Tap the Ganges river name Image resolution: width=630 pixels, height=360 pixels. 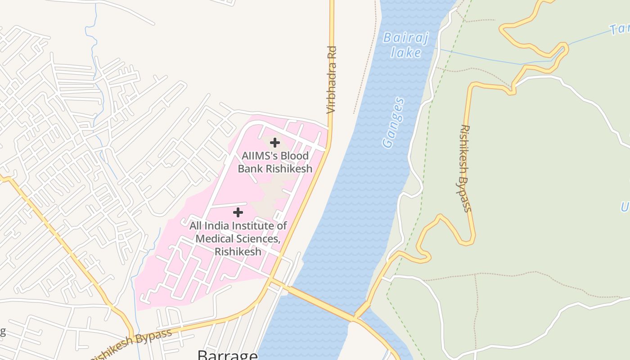point(393,123)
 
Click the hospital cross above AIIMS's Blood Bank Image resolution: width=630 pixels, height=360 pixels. point(274,143)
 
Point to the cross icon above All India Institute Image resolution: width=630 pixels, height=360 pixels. point(238,212)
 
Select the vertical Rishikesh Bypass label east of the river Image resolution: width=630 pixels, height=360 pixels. point(465,168)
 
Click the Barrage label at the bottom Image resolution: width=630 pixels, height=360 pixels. point(228,355)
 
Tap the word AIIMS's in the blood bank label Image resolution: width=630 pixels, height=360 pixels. point(258,156)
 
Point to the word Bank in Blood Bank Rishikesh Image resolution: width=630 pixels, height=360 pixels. point(251,169)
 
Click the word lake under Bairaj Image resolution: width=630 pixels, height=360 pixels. point(406,53)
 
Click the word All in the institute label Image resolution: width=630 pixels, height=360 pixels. point(195,226)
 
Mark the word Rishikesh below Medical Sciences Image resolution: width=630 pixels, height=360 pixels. point(238,251)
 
